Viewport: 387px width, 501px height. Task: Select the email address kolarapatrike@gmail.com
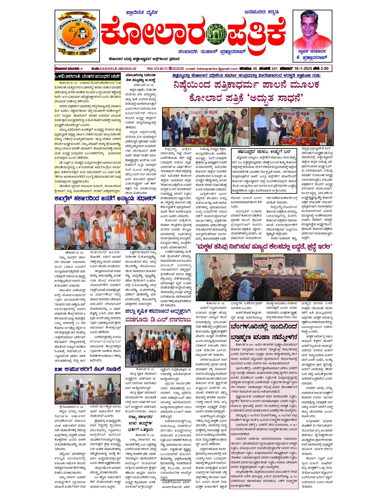point(212,69)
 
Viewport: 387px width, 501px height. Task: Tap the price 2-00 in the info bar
point(325,69)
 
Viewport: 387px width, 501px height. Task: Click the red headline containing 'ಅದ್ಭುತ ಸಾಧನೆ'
point(246,99)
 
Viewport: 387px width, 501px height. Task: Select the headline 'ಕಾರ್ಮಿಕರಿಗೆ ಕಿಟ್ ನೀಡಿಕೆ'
point(88,370)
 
